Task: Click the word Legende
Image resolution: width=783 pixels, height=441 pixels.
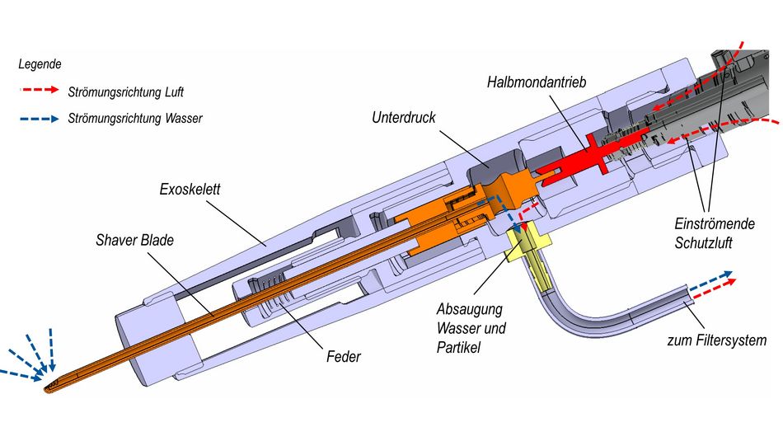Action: click(40, 63)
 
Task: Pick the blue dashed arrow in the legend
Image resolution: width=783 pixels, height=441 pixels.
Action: click(39, 119)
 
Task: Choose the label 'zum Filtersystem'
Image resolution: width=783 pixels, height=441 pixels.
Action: click(716, 340)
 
